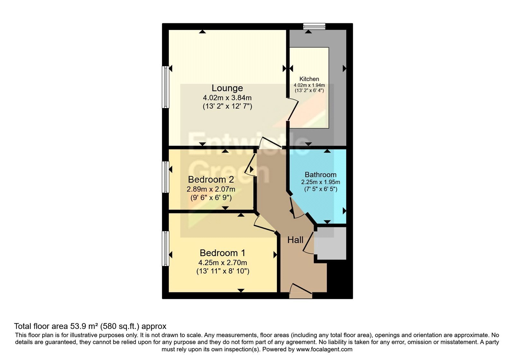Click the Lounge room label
click(x=227, y=88)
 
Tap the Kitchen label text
click(x=309, y=79)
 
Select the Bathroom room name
click(x=321, y=175)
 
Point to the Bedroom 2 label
click(x=211, y=179)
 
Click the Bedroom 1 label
click(x=222, y=253)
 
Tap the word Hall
click(x=295, y=240)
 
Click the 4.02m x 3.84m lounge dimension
click(x=227, y=98)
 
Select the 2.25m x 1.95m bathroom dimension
click(x=321, y=182)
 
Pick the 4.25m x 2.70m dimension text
click(x=223, y=262)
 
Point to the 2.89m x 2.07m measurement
click(x=211, y=189)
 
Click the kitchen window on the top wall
click(x=314, y=26)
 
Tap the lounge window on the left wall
click(x=165, y=87)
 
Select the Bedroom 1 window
click(x=165, y=248)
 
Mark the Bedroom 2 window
click(x=165, y=177)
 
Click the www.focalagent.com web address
click(x=324, y=349)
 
